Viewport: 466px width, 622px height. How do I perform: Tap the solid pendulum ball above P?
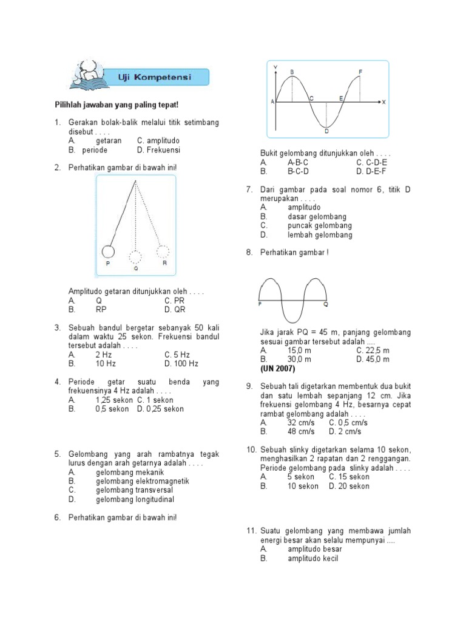pos(108,251)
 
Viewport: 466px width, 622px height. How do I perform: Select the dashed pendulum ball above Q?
pos(136,257)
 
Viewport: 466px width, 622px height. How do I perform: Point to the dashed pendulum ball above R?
pos(163,251)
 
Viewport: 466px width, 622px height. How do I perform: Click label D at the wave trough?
pos(326,131)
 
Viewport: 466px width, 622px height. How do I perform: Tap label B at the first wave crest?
pos(292,72)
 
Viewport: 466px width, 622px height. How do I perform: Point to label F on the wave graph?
pos(360,72)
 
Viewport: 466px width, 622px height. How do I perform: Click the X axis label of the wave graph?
pos(383,102)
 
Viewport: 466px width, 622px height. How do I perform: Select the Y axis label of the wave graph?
pos(276,66)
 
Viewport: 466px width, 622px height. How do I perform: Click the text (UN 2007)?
pos(278,368)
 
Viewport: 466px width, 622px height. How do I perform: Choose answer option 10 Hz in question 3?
pos(106,364)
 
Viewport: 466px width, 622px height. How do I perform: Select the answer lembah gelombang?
pos(320,235)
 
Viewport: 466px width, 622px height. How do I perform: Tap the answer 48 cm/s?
pos(301,431)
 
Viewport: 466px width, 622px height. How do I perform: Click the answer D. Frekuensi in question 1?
pos(158,150)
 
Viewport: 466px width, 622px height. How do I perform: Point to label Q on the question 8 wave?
pos(325,304)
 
